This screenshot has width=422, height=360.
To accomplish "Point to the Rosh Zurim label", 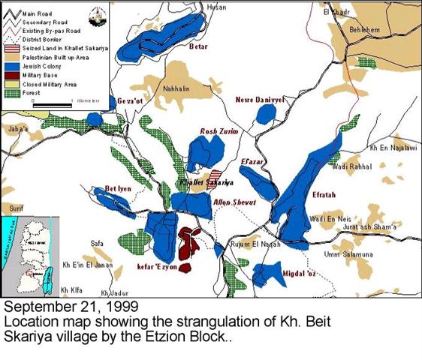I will (x=218, y=131).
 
